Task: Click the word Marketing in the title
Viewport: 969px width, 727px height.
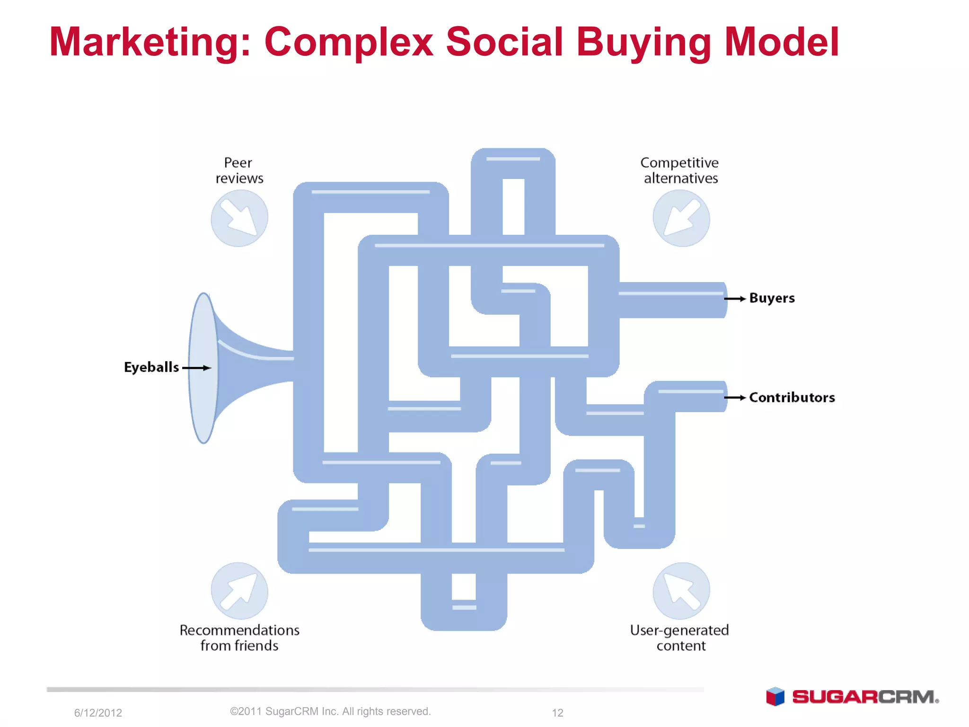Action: [x=146, y=43]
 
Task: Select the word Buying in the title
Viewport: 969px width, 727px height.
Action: [x=644, y=43]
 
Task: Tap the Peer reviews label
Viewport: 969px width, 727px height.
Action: [x=239, y=170]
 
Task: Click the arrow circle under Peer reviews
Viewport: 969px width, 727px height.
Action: [x=239, y=218]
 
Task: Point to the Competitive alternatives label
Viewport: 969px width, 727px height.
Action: [x=680, y=170]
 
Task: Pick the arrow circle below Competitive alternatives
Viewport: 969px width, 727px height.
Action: [x=681, y=218]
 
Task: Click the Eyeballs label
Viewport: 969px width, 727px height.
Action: [x=151, y=367]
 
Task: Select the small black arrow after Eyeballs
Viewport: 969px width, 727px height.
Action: [x=196, y=368]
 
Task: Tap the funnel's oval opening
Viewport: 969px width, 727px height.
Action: [x=203, y=368]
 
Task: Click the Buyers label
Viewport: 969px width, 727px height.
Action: [x=772, y=298]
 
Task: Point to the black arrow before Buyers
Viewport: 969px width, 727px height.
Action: [x=735, y=299]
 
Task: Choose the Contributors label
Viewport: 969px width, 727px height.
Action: [x=792, y=398]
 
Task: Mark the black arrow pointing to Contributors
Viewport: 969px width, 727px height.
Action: [x=735, y=398]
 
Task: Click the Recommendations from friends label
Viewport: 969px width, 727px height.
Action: [x=239, y=638]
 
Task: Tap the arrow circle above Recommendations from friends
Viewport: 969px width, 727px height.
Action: [x=239, y=591]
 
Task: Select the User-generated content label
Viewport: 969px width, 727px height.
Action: [x=680, y=638]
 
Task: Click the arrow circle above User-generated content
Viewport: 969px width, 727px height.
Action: [x=681, y=591]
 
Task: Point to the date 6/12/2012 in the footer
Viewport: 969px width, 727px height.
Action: [x=98, y=713]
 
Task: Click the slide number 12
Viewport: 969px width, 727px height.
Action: [x=557, y=713]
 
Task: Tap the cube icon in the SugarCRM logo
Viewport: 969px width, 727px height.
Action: [x=775, y=697]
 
